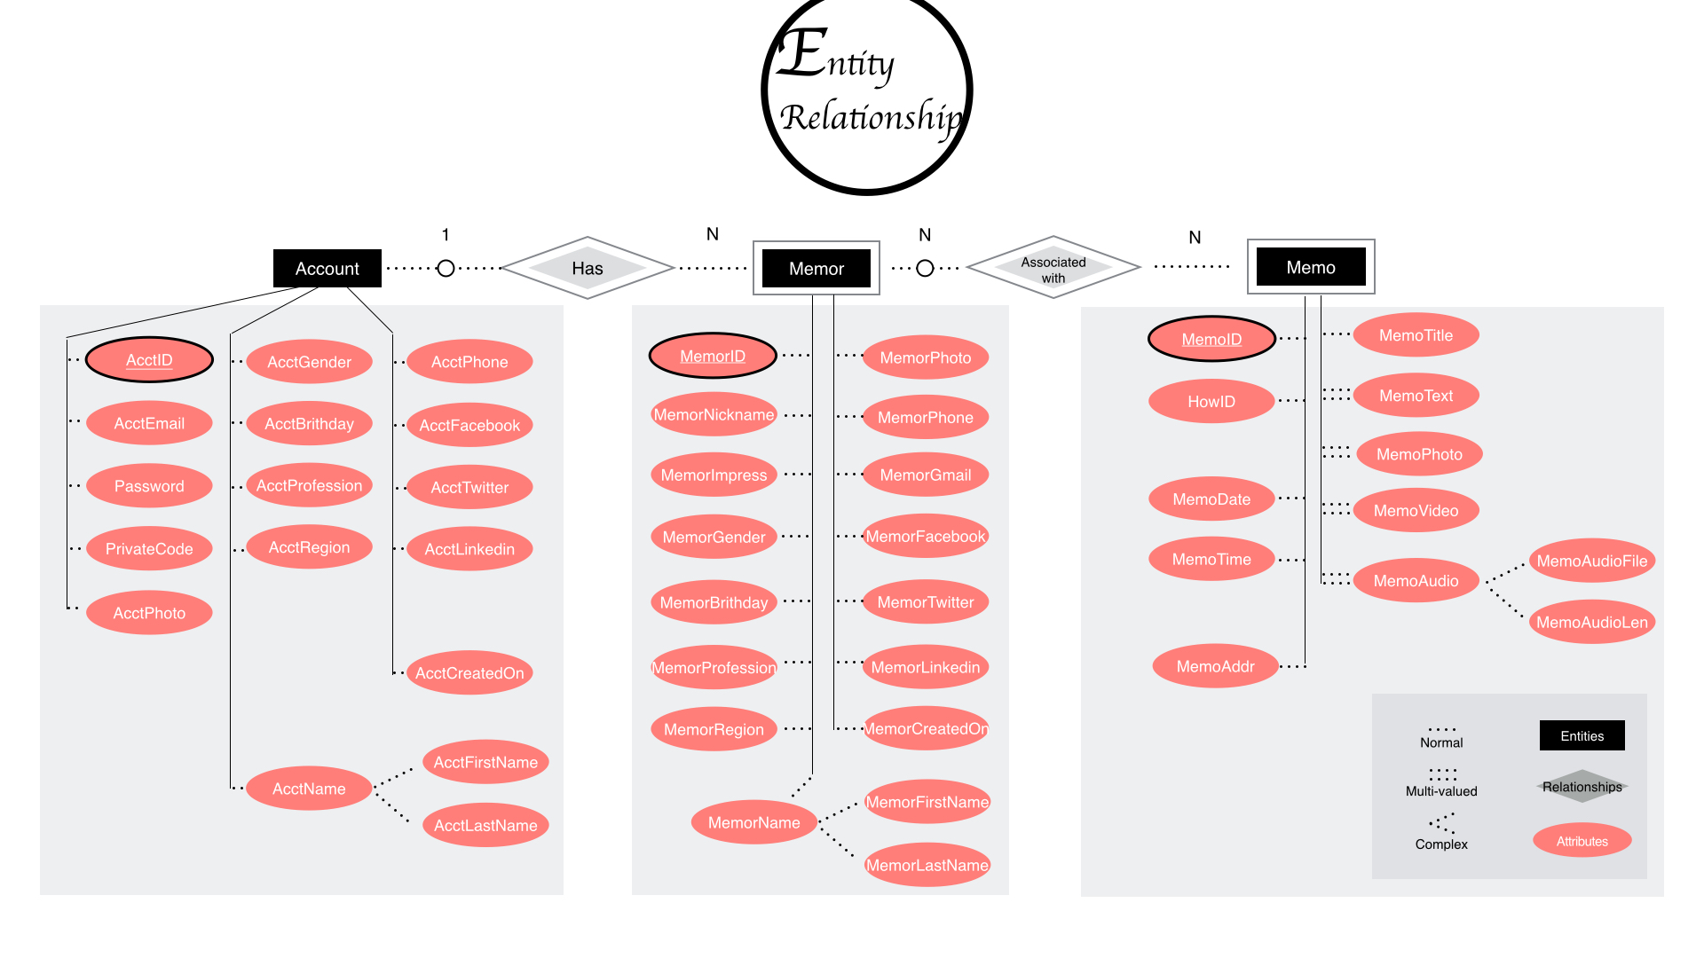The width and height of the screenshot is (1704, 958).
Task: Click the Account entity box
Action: pyautogui.click(x=327, y=268)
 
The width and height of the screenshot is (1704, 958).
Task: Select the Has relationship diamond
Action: pyautogui.click(x=587, y=268)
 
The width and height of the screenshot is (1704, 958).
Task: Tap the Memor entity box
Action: pyautogui.click(x=816, y=268)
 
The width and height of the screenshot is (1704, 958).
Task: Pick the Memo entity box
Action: pyautogui.click(x=1310, y=267)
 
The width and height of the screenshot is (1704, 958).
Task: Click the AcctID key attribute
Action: pyautogui.click(x=149, y=360)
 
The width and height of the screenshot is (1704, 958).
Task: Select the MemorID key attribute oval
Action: pyautogui.click(x=713, y=357)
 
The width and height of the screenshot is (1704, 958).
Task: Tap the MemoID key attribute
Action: pyautogui.click(x=1211, y=339)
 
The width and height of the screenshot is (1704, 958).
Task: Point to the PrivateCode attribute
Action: pyautogui.click(x=149, y=549)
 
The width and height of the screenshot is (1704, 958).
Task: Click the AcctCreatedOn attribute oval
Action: pyautogui.click(x=469, y=673)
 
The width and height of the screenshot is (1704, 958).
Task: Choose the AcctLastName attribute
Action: pyautogui.click(x=485, y=826)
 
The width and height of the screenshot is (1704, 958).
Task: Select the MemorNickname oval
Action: pyautogui.click(x=714, y=415)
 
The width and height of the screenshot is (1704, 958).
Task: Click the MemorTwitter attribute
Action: pyautogui.click(x=925, y=602)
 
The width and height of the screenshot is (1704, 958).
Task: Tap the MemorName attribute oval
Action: pyautogui.click(x=753, y=823)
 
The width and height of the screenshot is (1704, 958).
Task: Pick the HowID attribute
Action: pyautogui.click(x=1211, y=402)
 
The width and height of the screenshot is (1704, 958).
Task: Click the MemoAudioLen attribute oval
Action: pyautogui.click(x=1591, y=623)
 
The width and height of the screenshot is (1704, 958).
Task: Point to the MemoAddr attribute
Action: pyautogui.click(x=1215, y=666)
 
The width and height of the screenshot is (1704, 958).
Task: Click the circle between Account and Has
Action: pyautogui.click(x=446, y=268)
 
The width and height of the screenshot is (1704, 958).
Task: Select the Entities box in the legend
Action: pyautogui.click(x=1582, y=736)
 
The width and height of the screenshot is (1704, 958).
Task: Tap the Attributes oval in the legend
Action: pyautogui.click(x=1582, y=841)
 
